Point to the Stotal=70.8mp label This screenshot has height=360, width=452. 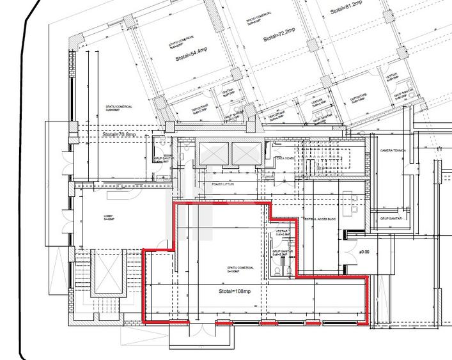pos(119,135)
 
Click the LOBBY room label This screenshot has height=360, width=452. pos(109,217)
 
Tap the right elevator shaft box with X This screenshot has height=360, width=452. pos(244,152)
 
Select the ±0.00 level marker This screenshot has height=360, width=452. pos(364,252)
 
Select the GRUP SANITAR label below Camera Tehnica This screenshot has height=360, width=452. pos(393,218)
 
